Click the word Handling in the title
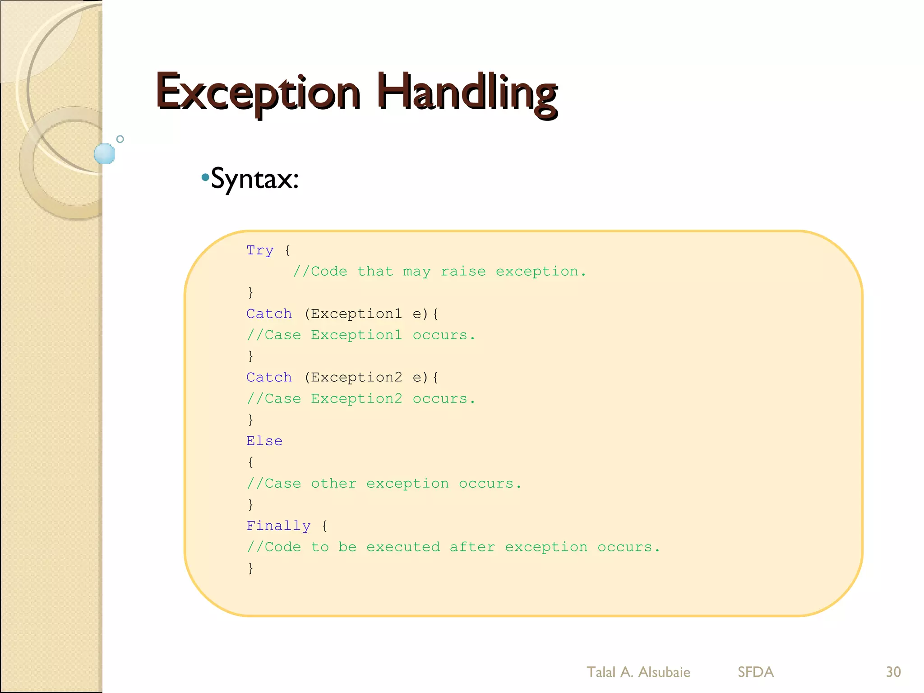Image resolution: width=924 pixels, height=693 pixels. [x=467, y=92]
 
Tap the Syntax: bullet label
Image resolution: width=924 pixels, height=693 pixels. [x=254, y=179]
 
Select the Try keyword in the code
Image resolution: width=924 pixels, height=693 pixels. [x=260, y=250]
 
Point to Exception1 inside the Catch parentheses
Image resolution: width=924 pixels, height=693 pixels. [x=356, y=314]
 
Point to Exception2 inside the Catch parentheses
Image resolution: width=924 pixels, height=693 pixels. [x=356, y=377]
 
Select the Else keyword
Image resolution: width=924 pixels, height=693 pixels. [x=264, y=441]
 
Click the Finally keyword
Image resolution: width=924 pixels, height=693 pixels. [x=278, y=526]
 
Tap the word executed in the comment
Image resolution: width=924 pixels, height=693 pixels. [x=403, y=547]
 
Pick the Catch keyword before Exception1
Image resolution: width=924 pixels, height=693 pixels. [x=269, y=314]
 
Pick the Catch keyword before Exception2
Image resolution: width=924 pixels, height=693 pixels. [x=269, y=377]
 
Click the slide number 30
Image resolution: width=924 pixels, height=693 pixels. [x=893, y=672]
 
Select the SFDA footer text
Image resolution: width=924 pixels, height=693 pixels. [x=756, y=672]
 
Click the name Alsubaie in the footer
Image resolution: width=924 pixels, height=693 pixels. [x=664, y=672]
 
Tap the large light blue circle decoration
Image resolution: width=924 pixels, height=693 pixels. [x=105, y=153]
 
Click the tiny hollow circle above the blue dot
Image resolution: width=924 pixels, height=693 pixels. [x=120, y=139]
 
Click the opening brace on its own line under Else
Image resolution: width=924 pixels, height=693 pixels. [x=251, y=462]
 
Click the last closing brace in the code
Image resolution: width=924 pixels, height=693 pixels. [x=251, y=568]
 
